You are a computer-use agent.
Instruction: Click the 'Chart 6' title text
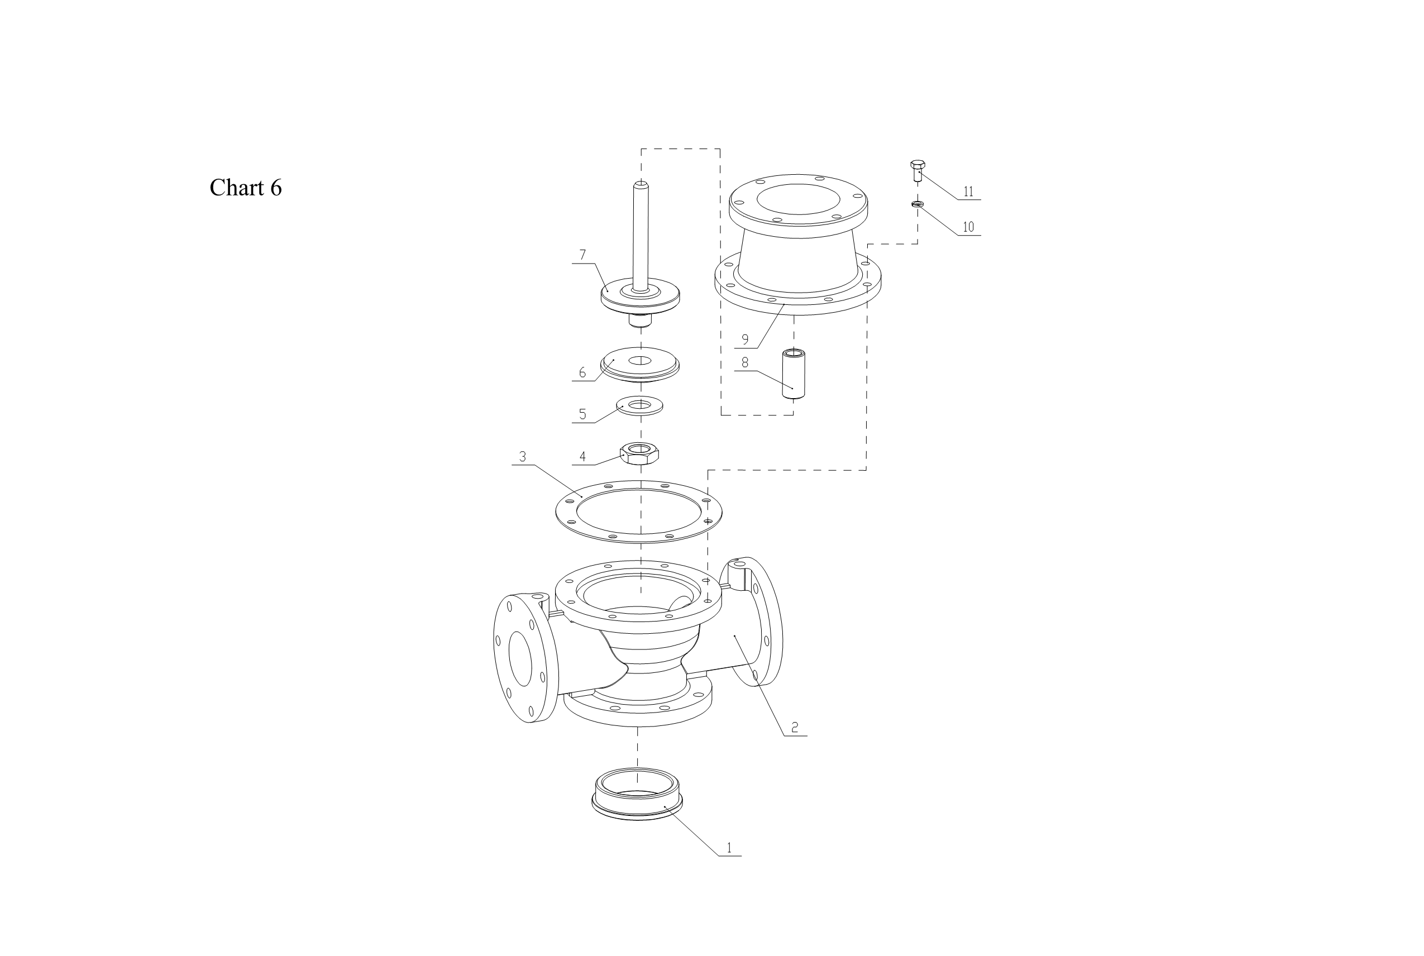(x=246, y=188)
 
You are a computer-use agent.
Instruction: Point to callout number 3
(x=523, y=457)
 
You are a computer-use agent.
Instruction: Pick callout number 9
(x=745, y=340)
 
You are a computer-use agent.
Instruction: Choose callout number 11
(x=968, y=192)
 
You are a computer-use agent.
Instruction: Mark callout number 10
(x=968, y=227)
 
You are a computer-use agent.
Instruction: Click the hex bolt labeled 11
(x=918, y=171)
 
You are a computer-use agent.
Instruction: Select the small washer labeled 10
(x=918, y=204)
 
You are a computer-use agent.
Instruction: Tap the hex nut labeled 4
(x=639, y=453)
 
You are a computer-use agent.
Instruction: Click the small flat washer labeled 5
(x=639, y=405)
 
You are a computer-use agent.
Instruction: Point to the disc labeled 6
(x=639, y=365)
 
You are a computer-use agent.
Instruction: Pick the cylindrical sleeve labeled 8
(x=793, y=374)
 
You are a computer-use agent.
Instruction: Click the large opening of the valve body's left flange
(x=520, y=658)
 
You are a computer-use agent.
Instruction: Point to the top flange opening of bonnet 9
(x=799, y=199)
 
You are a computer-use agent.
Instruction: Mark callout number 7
(x=583, y=255)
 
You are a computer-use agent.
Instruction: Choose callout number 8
(x=745, y=363)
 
